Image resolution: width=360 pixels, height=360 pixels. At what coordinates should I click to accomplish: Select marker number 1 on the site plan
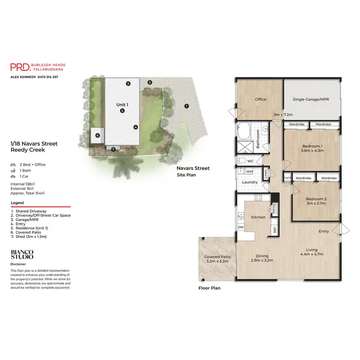click(x=187, y=106)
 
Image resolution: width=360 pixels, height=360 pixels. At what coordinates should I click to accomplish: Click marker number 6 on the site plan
click(x=97, y=135)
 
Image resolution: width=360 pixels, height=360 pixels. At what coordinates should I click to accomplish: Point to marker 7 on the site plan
click(x=113, y=149)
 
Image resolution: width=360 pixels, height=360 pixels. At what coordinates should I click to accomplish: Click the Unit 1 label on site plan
click(x=122, y=104)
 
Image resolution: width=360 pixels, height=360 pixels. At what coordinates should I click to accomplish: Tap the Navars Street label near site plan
click(x=193, y=168)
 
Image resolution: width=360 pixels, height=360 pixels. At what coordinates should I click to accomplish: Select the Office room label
click(x=261, y=99)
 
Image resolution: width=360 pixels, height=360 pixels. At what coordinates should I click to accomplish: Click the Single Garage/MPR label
click(x=312, y=100)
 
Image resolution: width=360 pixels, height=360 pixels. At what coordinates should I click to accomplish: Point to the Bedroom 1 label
click(x=312, y=146)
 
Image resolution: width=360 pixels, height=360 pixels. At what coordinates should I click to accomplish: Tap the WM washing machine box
click(x=250, y=171)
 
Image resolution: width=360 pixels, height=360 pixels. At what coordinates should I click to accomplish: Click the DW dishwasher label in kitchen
click(x=240, y=228)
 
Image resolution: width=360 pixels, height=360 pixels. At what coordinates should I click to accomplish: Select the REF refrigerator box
click(x=275, y=229)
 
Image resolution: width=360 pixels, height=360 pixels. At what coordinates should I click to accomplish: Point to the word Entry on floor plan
click(x=324, y=231)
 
